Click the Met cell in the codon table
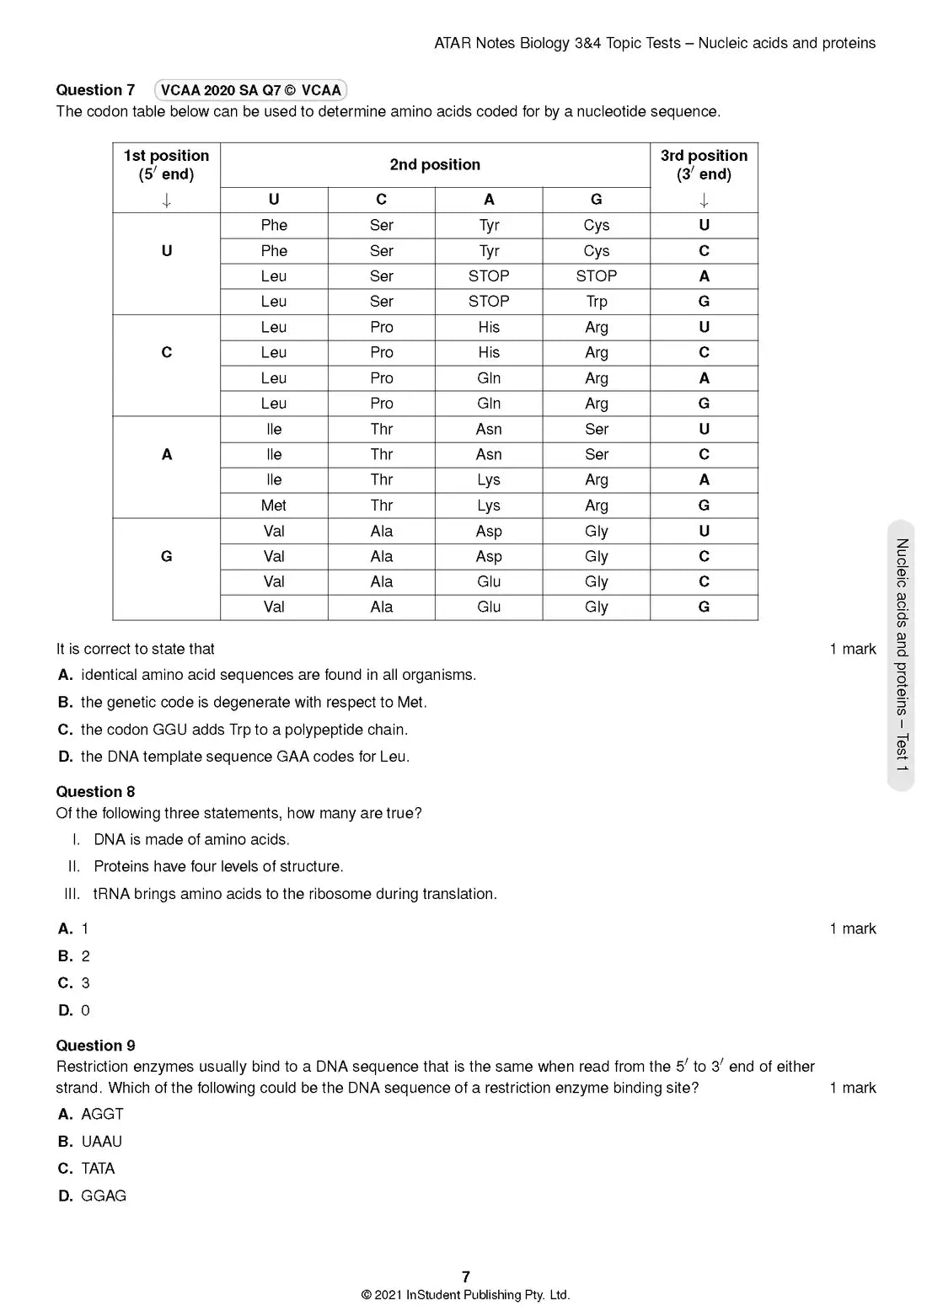(x=273, y=506)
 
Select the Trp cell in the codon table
(x=596, y=302)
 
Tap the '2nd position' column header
(x=435, y=165)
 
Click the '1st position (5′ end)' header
(x=166, y=165)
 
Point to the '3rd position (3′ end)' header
(x=704, y=165)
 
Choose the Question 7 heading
(x=95, y=90)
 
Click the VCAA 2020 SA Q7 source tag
(x=250, y=90)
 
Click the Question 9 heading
(x=95, y=1046)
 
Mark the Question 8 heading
(x=95, y=792)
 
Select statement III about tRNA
(x=295, y=894)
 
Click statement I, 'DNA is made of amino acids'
(x=191, y=840)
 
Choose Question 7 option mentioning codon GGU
(x=244, y=730)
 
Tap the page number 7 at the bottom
(x=466, y=1276)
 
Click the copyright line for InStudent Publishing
(x=465, y=1295)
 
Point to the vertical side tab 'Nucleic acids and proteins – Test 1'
(x=901, y=655)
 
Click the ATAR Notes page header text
(x=654, y=43)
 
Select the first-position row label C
(x=166, y=353)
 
